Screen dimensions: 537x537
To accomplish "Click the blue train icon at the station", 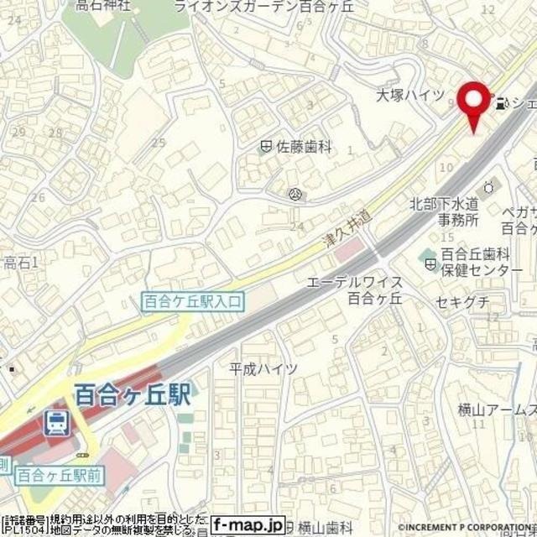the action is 57,422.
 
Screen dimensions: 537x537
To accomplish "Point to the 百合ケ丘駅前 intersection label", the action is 60,474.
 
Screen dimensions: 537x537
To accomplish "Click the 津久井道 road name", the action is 347,227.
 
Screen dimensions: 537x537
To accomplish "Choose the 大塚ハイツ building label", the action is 409,95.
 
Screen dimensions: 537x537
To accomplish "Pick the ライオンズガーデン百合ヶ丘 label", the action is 291,6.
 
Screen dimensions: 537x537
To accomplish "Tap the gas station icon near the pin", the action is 502,105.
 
